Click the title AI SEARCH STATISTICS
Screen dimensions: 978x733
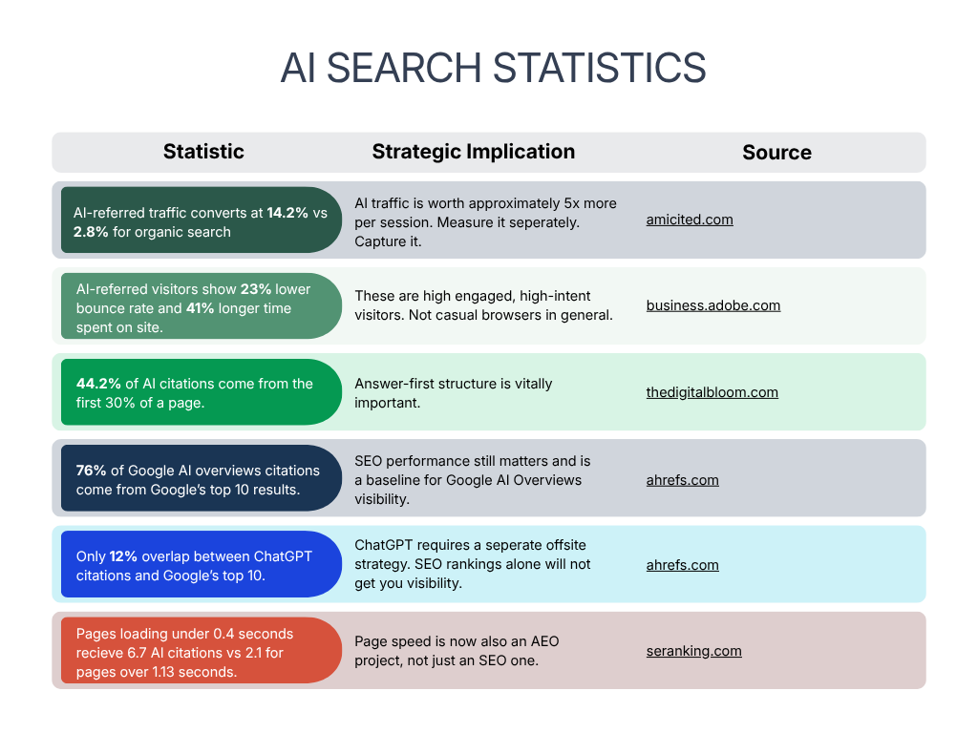(x=493, y=69)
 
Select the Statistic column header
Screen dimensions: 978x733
(x=203, y=152)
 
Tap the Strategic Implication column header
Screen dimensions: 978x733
(x=474, y=152)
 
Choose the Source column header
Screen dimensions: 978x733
(x=776, y=153)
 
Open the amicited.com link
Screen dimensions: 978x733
(x=690, y=220)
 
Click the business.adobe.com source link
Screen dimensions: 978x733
(x=713, y=305)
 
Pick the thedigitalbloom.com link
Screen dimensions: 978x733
(x=712, y=392)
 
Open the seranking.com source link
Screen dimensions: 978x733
(x=693, y=651)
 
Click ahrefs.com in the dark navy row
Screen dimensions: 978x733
(x=682, y=480)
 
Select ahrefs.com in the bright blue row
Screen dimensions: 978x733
(x=682, y=565)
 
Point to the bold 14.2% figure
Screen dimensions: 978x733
(x=287, y=213)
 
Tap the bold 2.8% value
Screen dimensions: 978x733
(x=91, y=232)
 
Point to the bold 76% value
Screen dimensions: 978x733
(x=91, y=471)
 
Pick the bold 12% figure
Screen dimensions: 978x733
(x=123, y=556)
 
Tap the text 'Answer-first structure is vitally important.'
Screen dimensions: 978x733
(x=454, y=392)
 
